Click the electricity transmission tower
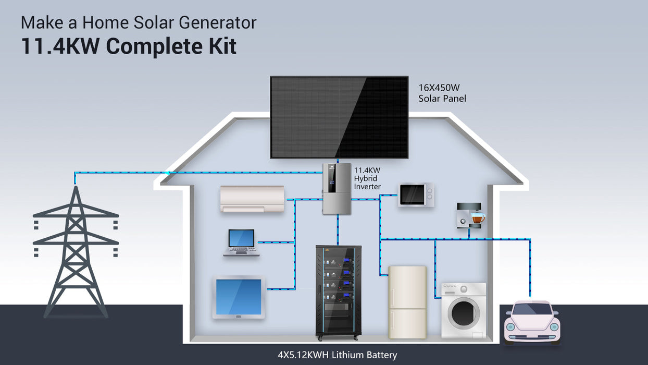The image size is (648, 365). [x=76, y=250]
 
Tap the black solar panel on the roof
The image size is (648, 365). [x=339, y=117]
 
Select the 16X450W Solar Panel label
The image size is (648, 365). [x=442, y=93]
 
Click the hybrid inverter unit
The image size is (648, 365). [x=337, y=188]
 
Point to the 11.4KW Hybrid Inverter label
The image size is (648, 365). [x=368, y=178]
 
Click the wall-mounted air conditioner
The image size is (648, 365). [x=253, y=199]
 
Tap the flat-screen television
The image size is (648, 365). [x=239, y=297]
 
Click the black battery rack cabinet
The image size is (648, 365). [x=338, y=292]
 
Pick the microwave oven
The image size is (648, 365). [x=416, y=194]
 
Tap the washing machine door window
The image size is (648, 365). [x=463, y=312]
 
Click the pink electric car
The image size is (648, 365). [x=532, y=322]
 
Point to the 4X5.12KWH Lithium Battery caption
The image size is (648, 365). [x=337, y=355]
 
